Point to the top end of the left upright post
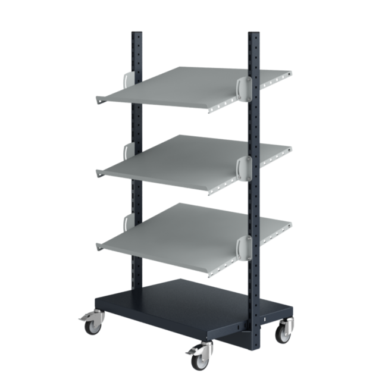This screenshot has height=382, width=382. point(136,33)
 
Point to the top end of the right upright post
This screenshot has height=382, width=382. point(253,35)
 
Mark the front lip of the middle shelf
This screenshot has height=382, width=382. point(155,179)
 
